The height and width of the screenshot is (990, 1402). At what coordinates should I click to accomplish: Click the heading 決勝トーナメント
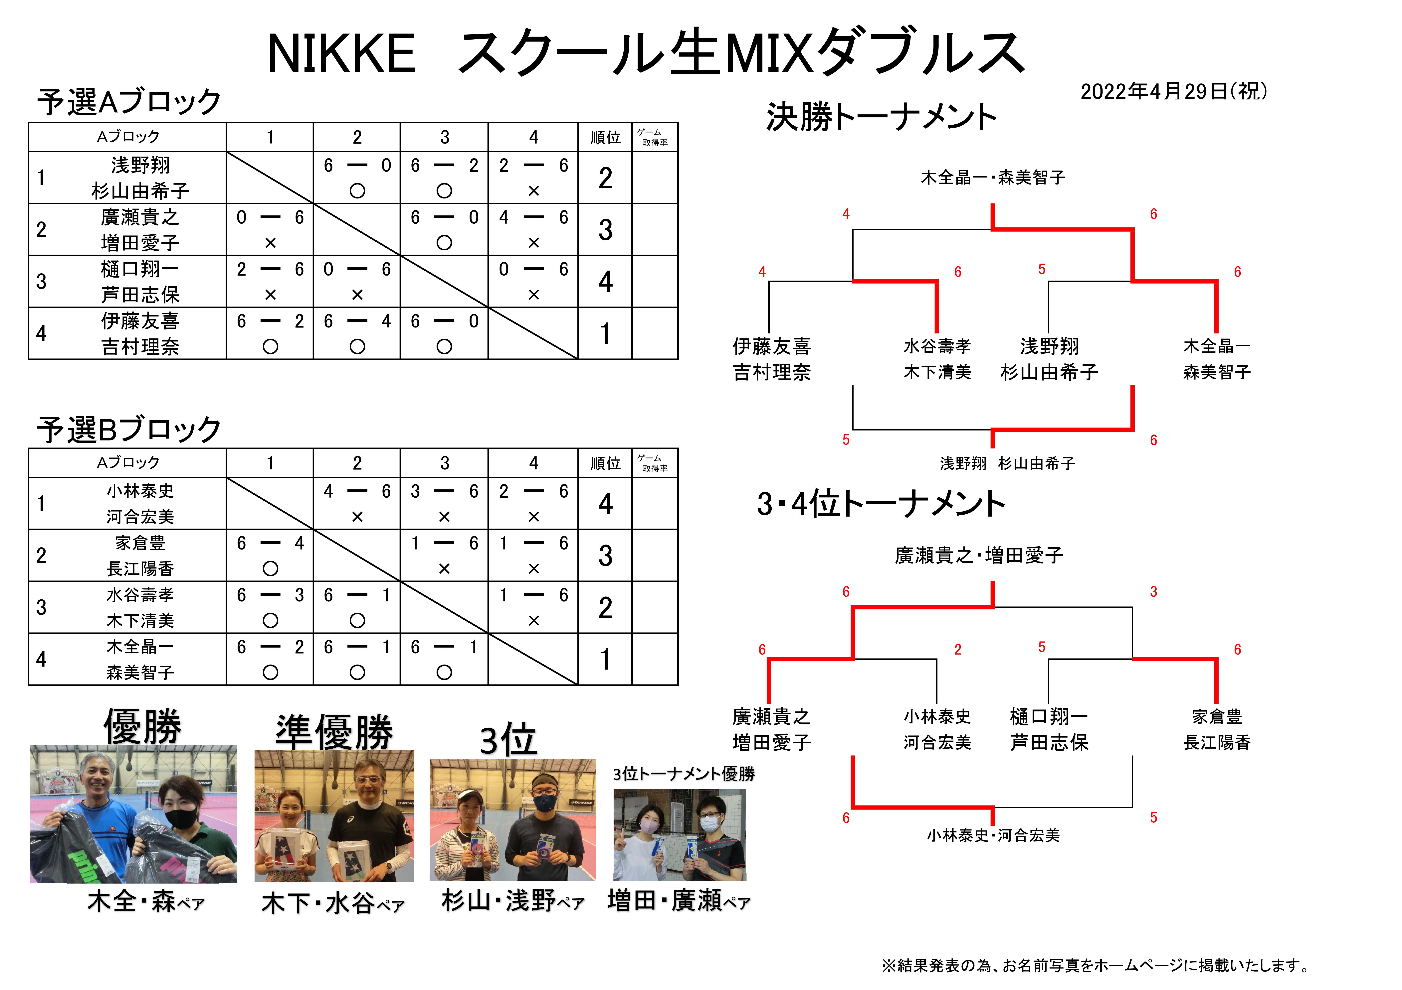[x=881, y=117]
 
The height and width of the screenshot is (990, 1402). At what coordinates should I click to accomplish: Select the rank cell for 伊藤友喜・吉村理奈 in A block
[x=605, y=333]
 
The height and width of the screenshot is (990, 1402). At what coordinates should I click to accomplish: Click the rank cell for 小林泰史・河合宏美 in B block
[x=605, y=504]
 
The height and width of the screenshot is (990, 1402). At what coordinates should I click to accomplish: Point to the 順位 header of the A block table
[x=605, y=137]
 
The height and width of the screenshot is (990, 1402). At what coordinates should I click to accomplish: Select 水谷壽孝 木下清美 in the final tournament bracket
[x=937, y=359]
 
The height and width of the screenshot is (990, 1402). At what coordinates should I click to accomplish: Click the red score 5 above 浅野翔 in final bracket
[x=1042, y=269]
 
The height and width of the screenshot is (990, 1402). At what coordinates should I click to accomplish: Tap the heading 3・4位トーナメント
[x=881, y=504]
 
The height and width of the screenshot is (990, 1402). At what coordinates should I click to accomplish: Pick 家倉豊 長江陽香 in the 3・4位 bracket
[x=1216, y=729]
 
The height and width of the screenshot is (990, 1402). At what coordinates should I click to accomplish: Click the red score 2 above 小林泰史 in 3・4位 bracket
[x=957, y=649]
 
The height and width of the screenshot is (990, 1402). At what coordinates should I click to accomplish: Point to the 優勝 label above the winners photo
[x=142, y=726]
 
